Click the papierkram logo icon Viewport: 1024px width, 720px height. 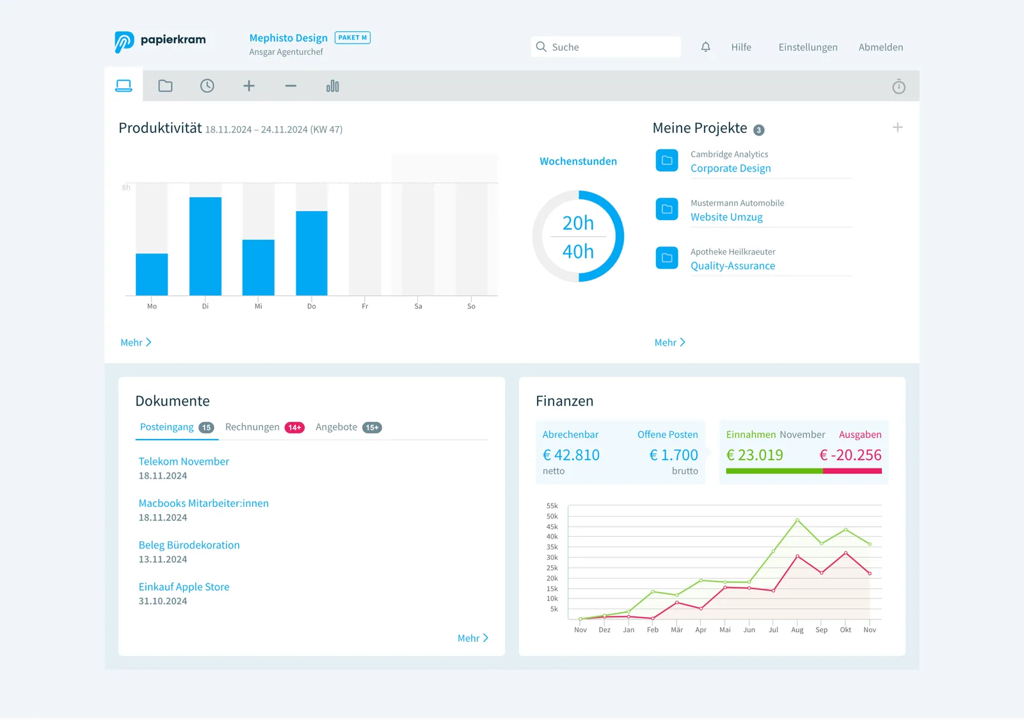coord(124,42)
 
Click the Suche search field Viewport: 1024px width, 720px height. coord(605,47)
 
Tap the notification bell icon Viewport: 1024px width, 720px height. coord(705,47)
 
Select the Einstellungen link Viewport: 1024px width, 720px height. coord(808,47)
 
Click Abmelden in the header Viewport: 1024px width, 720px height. coord(881,47)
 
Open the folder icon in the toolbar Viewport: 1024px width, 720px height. coord(165,86)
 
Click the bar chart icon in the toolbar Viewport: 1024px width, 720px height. coord(332,86)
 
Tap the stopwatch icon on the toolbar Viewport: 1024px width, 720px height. coord(899,86)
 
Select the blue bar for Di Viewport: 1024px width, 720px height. coord(205,246)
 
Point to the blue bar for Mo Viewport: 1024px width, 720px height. coord(152,275)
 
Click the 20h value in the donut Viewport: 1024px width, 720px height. coord(578,223)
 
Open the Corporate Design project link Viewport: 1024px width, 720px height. coord(730,168)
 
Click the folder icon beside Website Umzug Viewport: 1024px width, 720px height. coord(666,209)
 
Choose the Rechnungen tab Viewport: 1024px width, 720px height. coord(252,426)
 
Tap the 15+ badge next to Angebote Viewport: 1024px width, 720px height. coord(372,428)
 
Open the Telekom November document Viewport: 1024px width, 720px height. coord(184,461)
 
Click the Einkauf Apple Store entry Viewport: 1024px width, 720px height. coord(184,586)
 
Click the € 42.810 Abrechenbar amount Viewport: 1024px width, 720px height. coord(570,455)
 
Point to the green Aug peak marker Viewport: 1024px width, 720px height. coord(797,520)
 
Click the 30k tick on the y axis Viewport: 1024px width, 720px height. coord(552,557)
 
